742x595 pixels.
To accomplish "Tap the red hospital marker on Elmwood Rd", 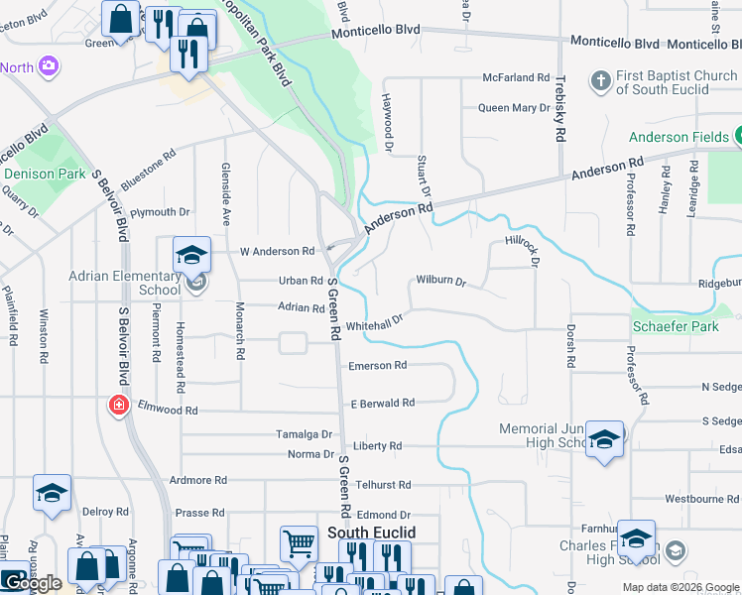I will tap(119, 406).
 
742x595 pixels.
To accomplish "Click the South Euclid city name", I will tap(371, 533).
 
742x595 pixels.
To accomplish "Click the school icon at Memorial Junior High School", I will tap(604, 439).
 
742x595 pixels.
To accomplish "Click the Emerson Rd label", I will tap(378, 366).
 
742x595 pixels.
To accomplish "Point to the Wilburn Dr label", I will tap(440, 281).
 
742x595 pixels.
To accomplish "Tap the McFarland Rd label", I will tap(516, 77).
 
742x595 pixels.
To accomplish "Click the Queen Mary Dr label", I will tap(514, 108).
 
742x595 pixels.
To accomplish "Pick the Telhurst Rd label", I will tap(384, 485).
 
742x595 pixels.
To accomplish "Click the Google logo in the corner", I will tap(34, 583).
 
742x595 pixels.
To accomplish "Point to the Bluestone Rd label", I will tap(148, 169).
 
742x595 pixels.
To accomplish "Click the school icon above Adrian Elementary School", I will tap(191, 255).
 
